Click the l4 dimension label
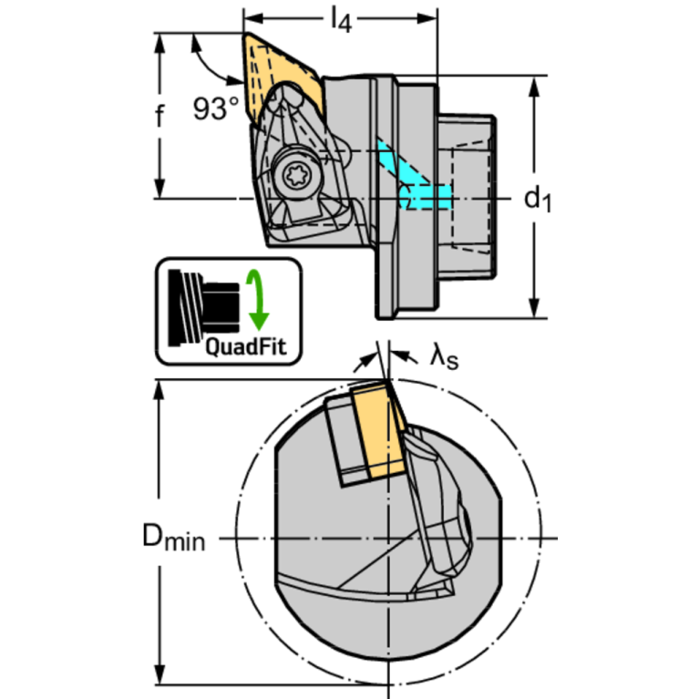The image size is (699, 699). pyautogui.click(x=341, y=21)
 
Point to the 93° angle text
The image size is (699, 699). pyautogui.click(x=216, y=108)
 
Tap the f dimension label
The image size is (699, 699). pyautogui.click(x=159, y=115)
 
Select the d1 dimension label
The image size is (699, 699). pyautogui.click(x=538, y=199)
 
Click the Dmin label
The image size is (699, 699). pyautogui.click(x=173, y=537)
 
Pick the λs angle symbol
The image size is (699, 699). pyautogui.click(x=444, y=358)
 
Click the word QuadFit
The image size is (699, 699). pyautogui.click(x=246, y=347)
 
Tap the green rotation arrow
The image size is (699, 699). pyautogui.click(x=257, y=299)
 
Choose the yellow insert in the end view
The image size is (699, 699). pyautogui.click(x=380, y=430)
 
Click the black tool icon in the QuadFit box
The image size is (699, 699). pyautogui.click(x=203, y=307)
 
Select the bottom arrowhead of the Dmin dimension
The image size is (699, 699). pyautogui.click(x=159, y=674)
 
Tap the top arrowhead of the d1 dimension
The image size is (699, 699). pyautogui.click(x=534, y=86)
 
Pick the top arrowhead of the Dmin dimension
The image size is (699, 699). pyautogui.click(x=159, y=391)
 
